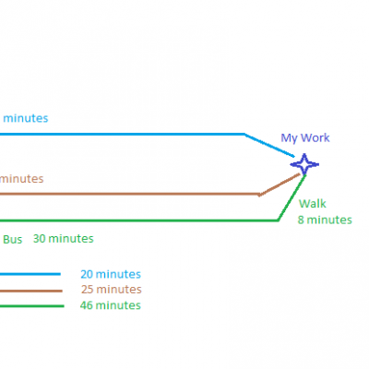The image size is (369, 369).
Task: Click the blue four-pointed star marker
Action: point(304,164)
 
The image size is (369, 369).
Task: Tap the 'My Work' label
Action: point(305,137)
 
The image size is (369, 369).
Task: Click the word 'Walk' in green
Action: point(313,204)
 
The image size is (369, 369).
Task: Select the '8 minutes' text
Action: point(325,220)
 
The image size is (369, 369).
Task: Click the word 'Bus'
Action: point(13,240)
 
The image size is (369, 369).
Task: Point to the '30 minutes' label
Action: point(64,239)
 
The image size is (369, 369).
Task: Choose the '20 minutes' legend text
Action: point(111,274)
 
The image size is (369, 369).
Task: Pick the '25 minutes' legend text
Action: point(112,290)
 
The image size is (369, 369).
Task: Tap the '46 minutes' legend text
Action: point(111,305)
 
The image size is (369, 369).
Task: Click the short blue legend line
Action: point(30,274)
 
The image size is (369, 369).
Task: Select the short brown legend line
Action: point(30,291)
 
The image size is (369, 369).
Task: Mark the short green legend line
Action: point(31,306)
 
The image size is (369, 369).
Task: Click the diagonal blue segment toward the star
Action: point(269,146)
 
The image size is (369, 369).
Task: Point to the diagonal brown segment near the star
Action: point(280,184)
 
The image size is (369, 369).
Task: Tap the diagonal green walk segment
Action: point(292,197)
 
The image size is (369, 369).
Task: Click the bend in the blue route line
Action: point(244,134)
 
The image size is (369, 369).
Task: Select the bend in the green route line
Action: point(278,220)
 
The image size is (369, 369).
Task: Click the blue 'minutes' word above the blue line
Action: point(26,118)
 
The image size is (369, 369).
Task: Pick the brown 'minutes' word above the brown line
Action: point(21,179)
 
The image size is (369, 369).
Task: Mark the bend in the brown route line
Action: point(259,195)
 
